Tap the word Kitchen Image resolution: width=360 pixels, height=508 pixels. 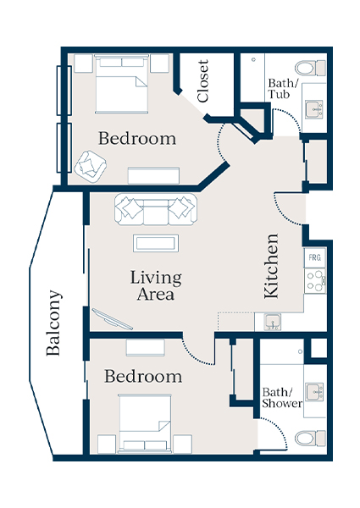pos(272,265)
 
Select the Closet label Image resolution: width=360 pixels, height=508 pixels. pos(203,81)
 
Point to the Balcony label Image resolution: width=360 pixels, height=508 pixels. pos(53,323)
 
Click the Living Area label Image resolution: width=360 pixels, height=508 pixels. pos(156,286)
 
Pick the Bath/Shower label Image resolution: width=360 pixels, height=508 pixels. pos(282,398)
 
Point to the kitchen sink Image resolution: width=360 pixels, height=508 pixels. pos(272,322)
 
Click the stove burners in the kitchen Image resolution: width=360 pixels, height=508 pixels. pos(314,280)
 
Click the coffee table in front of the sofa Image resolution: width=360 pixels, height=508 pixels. pos(155,243)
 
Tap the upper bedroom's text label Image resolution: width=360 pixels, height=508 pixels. pos(137,138)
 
